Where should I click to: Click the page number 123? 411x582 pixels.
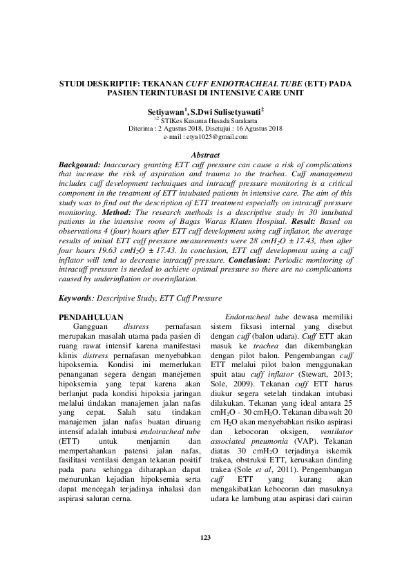pyautogui.click(x=205, y=537)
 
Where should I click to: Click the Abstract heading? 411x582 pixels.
pyautogui.click(x=205, y=156)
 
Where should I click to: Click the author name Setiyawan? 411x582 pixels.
pyautogui.click(x=166, y=111)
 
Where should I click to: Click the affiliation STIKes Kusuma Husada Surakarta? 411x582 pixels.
pyautogui.click(x=209, y=120)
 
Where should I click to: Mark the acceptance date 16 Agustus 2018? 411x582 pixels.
pyautogui.click(x=254, y=129)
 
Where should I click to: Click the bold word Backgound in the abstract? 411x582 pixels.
pyautogui.click(x=79, y=165)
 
